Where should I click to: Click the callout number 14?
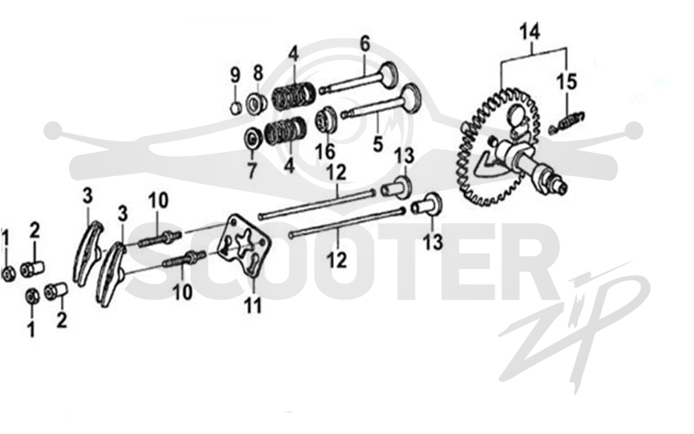coord(530,32)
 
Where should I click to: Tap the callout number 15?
coord(566,82)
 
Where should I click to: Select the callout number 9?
coord(235,75)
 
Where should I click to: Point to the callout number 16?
coord(324,150)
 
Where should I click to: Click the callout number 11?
coord(253,305)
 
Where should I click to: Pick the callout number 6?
coord(364,44)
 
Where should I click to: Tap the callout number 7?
coord(252,170)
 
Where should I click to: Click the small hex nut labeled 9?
coord(236,108)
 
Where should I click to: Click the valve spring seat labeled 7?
coord(252,139)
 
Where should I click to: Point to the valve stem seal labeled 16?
coord(326,120)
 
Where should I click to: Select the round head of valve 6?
coord(389,74)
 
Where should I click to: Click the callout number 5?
coord(377,144)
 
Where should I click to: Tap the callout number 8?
coord(258,73)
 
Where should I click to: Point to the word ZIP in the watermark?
coord(575,328)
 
